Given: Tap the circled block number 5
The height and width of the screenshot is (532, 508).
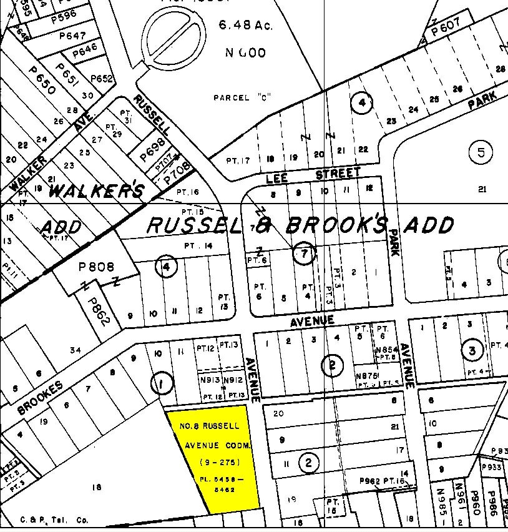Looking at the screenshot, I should pos(481,152).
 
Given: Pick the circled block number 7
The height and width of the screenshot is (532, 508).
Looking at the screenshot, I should pos(304,254).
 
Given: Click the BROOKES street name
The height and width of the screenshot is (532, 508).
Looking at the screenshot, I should pos(40,398).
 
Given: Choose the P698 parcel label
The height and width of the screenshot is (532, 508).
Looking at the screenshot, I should pos(154,150).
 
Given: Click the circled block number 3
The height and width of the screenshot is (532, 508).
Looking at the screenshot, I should pos(472,350).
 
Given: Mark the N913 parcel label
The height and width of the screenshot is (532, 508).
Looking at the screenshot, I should pos(210,380).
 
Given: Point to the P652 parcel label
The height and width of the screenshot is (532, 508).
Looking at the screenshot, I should pos(102,79).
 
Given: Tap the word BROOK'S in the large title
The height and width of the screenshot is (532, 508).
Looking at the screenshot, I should pos(338,224).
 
